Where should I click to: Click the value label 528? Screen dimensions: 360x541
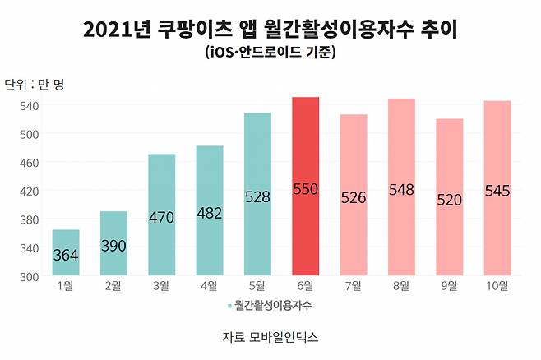(257, 196)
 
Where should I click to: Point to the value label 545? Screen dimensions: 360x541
(497, 191)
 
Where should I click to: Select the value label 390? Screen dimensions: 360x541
(113, 246)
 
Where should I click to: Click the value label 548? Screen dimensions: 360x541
(401, 190)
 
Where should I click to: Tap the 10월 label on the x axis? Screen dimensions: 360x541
(497, 286)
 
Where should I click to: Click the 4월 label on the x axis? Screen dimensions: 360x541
(209, 286)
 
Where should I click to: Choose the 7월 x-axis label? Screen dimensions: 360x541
(354, 286)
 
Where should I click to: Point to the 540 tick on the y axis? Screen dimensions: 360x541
(30, 105)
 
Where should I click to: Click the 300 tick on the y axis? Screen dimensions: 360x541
(30, 276)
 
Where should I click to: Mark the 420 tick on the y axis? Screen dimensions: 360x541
(30, 191)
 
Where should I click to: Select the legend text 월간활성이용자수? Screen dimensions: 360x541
(274, 305)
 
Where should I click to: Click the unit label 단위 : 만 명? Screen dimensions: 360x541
(35, 84)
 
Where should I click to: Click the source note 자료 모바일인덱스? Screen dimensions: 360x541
(270, 337)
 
